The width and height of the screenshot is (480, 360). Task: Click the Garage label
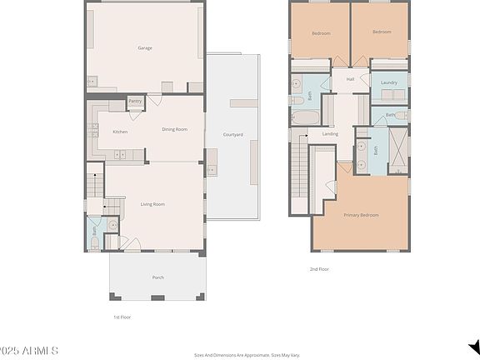coord(145,47)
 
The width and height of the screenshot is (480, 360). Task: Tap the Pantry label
coord(135,101)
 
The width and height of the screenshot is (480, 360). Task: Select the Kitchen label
coord(120,132)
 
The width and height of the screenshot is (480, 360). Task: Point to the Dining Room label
coord(174,129)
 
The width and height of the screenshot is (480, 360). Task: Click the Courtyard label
coord(233,135)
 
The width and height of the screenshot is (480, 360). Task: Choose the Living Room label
coord(152,204)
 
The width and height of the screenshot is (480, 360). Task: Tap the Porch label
coord(157,277)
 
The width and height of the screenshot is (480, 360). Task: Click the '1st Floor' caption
coord(122,317)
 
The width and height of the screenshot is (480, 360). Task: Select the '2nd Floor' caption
coord(319,269)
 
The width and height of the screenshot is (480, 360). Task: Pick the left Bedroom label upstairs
coord(321,33)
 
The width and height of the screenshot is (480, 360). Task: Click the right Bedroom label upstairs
coord(382,32)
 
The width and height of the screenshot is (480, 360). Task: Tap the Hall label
coord(350,80)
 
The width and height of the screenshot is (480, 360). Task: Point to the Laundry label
coord(388,82)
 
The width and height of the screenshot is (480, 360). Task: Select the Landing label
coord(330,133)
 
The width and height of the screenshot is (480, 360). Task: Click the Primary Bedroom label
coord(362,215)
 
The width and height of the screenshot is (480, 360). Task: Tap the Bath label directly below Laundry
coord(390,114)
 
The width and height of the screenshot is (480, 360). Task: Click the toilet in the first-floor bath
coord(94,243)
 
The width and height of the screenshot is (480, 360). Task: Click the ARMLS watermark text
coord(29,351)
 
